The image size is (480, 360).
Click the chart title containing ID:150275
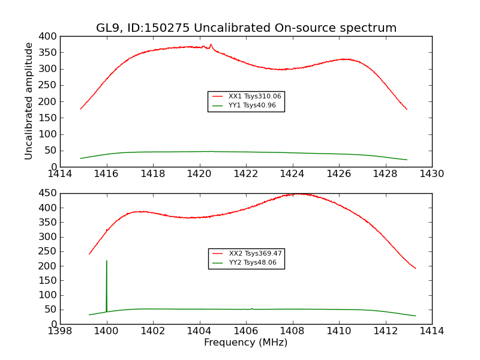(246, 28)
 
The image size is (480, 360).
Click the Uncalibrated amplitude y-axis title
(29, 101)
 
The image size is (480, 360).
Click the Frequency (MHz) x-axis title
(246, 343)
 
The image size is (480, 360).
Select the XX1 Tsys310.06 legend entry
(254, 96)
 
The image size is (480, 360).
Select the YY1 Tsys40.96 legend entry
(252, 106)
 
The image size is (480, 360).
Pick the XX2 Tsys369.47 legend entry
(255, 254)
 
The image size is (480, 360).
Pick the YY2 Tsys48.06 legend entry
(253, 263)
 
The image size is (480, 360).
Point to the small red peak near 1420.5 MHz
(211, 44)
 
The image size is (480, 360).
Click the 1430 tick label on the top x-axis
(432, 173)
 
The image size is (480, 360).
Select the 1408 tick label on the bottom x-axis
(292, 331)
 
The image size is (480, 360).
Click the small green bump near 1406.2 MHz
(252, 308)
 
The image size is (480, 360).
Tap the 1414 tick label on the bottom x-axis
(432, 331)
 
